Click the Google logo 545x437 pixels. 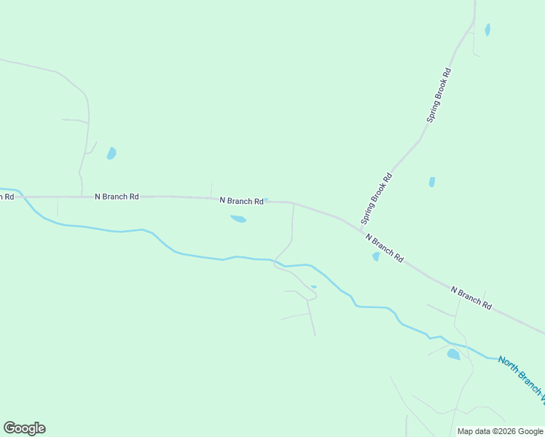click(x=24, y=428)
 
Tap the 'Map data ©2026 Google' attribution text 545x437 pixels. click(x=500, y=431)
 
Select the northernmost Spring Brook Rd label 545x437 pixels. click(x=439, y=95)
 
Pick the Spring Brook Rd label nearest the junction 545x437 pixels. click(x=377, y=198)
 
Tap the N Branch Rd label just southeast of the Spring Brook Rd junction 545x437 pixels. click(x=385, y=248)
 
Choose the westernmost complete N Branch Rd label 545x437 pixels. click(x=117, y=197)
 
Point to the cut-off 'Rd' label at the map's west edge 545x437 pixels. click(x=7, y=197)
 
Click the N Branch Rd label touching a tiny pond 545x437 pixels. click(x=241, y=200)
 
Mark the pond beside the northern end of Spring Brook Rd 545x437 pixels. click(x=487, y=30)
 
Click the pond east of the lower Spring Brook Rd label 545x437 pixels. click(x=432, y=182)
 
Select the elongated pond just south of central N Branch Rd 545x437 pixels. click(x=238, y=219)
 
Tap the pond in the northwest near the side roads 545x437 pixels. click(x=111, y=153)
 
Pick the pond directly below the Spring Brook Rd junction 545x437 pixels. click(x=376, y=256)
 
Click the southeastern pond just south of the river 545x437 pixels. click(x=453, y=355)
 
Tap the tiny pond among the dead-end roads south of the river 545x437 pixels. click(x=314, y=287)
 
